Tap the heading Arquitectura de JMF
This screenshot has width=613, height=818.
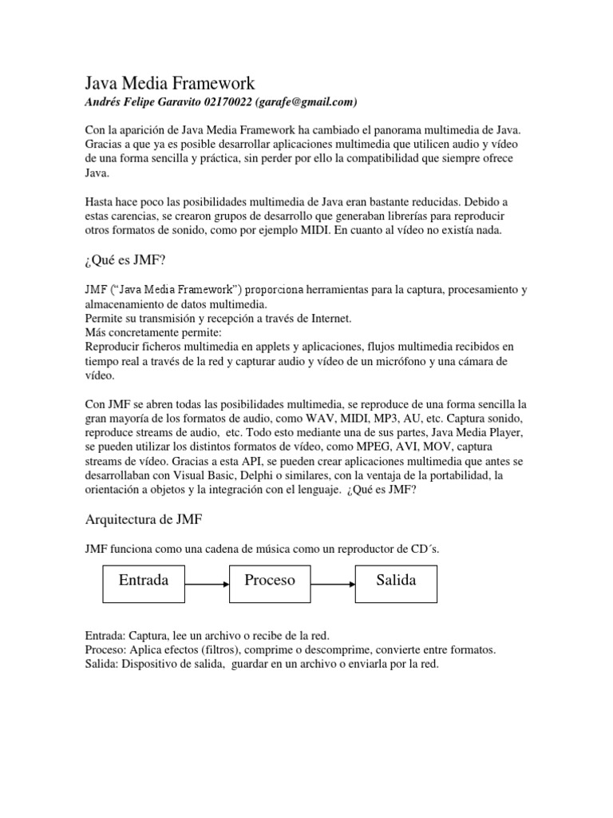coord(144,520)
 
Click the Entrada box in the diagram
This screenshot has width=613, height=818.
coord(144,581)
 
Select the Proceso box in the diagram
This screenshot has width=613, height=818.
coord(270,581)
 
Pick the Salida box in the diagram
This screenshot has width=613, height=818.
coord(397,581)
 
